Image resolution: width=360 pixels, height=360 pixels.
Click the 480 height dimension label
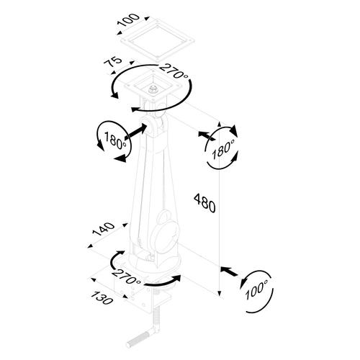[x=204, y=203]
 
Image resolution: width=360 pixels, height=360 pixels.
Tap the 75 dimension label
[x=113, y=62]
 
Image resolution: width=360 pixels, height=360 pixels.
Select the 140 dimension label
[x=104, y=229]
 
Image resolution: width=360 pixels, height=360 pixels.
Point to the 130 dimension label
[x=102, y=297]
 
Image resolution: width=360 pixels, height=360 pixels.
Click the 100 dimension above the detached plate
[x=128, y=20]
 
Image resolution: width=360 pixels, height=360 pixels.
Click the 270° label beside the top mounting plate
[x=174, y=71]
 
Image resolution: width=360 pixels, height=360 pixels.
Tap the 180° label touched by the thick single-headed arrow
[x=115, y=140]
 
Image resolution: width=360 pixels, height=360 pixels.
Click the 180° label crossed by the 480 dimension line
[x=223, y=149]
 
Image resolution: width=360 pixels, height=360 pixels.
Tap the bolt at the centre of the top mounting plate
[x=153, y=90]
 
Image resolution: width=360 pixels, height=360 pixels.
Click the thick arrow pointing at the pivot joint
[x=135, y=132]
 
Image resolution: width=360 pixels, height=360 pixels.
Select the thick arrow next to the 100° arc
[x=228, y=271]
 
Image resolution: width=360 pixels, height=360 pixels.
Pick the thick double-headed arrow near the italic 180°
[x=207, y=135]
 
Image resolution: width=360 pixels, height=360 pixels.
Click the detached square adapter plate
[x=157, y=40]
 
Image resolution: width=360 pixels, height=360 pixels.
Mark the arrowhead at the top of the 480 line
[x=219, y=125]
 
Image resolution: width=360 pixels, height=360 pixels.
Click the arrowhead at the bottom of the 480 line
[x=219, y=293]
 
